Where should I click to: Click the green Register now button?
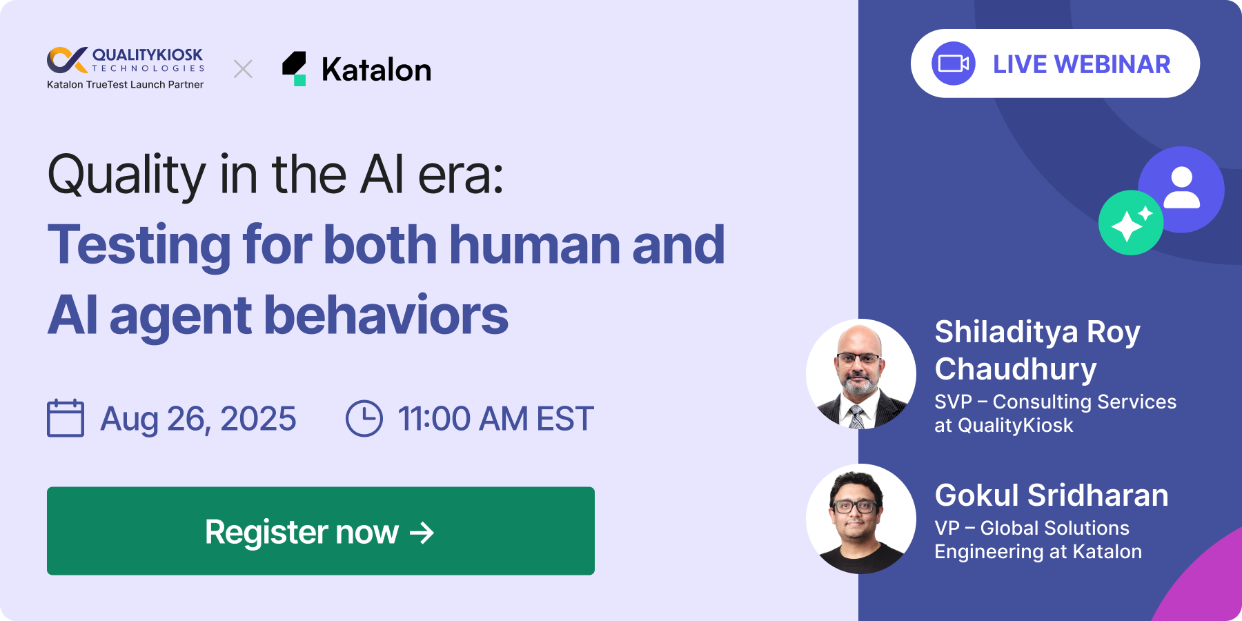(321, 531)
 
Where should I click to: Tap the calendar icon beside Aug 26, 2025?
(66, 418)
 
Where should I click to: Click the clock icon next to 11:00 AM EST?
(364, 418)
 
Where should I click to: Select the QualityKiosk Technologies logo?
(126, 60)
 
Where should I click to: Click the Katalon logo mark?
(295, 69)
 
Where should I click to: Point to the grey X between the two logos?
(243, 69)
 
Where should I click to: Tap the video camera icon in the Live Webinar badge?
(954, 63)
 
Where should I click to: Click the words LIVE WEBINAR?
(1081, 64)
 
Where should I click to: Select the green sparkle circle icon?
(1131, 223)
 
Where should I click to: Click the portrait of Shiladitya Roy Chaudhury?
(861, 374)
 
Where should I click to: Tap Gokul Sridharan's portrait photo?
(861, 519)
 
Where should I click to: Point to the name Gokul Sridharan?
(1052, 495)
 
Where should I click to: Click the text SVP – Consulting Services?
(1056, 402)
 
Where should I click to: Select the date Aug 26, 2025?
(198, 419)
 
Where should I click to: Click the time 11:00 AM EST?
(495, 419)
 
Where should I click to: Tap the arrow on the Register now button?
(422, 533)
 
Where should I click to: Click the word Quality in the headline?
(127, 175)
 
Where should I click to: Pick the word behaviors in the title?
(386, 315)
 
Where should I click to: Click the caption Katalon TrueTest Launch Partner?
(126, 85)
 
